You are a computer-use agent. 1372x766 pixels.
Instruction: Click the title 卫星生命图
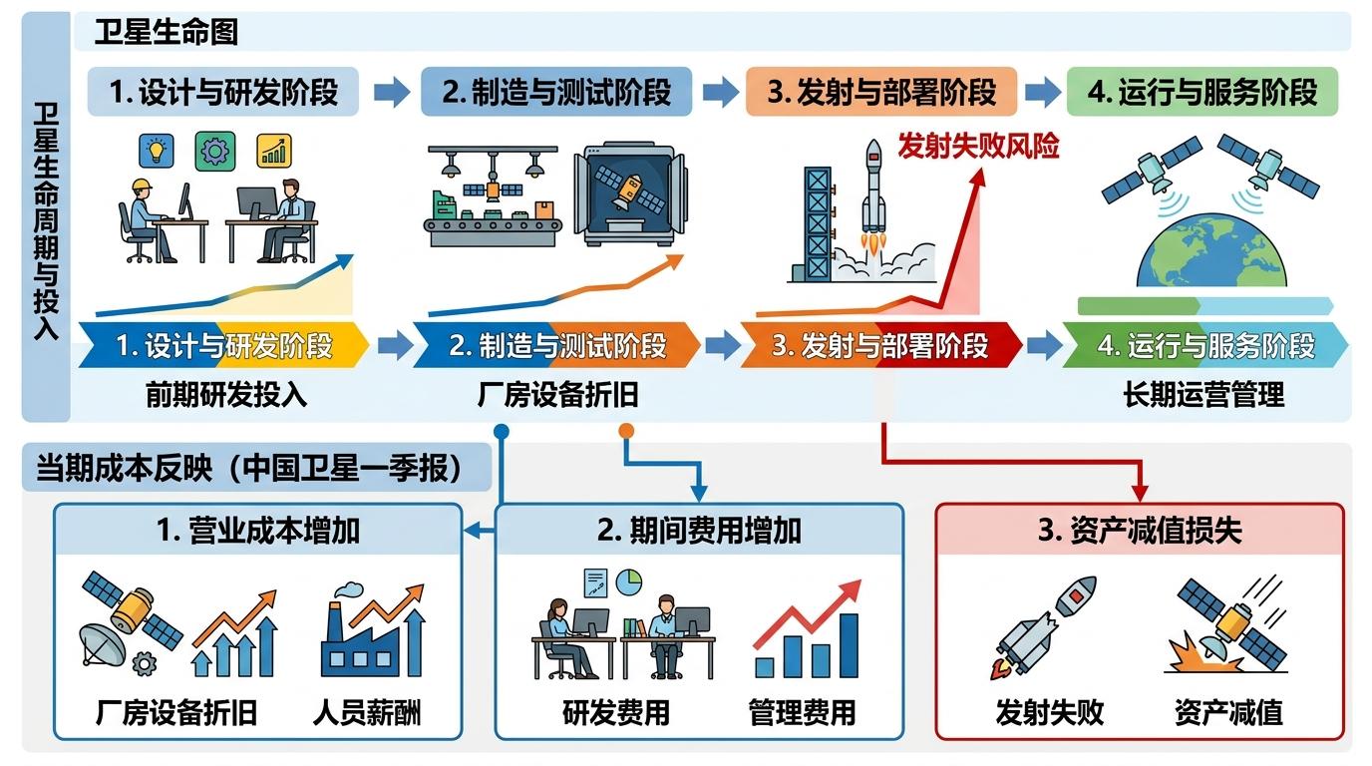coord(167,32)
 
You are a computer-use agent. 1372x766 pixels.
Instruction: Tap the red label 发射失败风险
coord(977,147)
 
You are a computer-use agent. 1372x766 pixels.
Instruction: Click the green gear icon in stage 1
coord(214,151)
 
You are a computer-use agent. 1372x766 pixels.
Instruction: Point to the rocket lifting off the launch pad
coord(873,194)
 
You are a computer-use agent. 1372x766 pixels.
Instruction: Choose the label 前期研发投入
coord(226,395)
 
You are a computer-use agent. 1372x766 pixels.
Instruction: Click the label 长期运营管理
coord(1203,395)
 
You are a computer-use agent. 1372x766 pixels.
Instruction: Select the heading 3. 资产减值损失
coord(1140,530)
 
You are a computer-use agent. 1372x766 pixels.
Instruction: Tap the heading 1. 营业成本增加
coord(257,530)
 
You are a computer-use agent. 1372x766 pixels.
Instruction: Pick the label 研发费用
coord(616,712)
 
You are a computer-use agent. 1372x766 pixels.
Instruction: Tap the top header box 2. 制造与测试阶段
coord(556,93)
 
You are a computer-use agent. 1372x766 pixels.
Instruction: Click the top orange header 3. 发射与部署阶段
coord(881,93)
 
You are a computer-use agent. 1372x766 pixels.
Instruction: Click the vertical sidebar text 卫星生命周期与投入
coord(46,219)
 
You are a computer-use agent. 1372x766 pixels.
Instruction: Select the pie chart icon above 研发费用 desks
coord(628,580)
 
